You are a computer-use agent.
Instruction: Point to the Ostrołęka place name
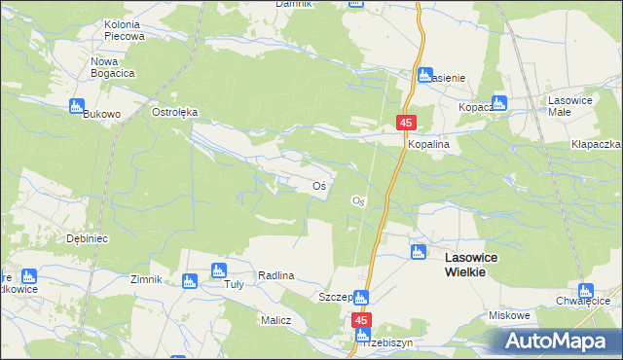(x=175, y=112)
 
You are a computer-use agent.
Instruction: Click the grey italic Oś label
(x=357, y=200)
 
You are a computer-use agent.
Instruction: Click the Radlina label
(x=276, y=276)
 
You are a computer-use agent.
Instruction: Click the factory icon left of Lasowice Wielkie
(x=418, y=253)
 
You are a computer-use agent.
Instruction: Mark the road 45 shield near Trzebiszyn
(x=361, y=319)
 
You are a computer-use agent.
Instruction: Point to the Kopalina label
(x=433, y=144)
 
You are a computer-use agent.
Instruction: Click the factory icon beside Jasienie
(x=424, y=76)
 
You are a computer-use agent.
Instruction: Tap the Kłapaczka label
(x=597, y=144)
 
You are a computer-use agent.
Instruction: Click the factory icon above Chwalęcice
(x=585, y=290)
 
